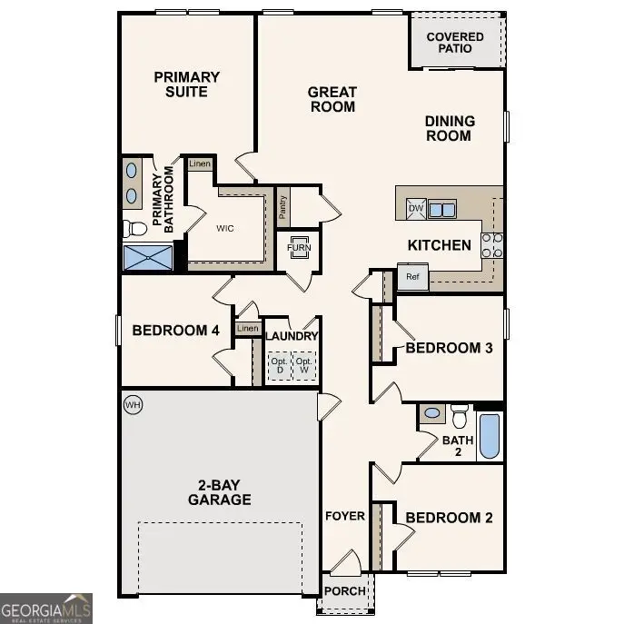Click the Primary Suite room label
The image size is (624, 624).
[186, 84]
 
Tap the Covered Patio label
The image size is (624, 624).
[455, 43]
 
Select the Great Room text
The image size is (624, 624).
[332, 99]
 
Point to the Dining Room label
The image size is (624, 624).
[449, 128]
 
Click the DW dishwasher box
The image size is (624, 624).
[416, 209]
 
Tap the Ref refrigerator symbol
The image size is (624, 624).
[412, 276]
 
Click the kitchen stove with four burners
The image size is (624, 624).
[491, 245]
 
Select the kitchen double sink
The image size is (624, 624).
[443, 210]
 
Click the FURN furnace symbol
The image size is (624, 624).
[298, 249]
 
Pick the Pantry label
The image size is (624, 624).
[283, 210]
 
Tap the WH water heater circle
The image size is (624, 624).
[133, 402]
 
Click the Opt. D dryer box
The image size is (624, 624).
[278, 368]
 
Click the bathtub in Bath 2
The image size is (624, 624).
[489, 436]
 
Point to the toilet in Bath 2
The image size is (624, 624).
[459, 416]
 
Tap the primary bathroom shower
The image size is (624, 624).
[147, 257]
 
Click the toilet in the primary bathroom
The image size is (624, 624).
[134, 227]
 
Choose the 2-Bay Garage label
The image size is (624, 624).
[219, 491]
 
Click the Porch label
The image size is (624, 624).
[345, 591]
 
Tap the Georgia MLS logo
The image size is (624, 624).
[45, 609]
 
